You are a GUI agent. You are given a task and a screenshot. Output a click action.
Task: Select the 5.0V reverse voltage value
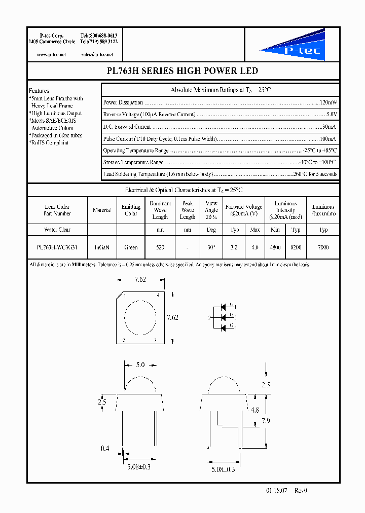click(x=331, y=115)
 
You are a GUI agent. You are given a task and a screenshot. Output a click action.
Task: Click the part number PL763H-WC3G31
click(x=57, y=247)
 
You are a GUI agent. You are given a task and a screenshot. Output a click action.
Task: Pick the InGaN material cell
click(x=102, y=247)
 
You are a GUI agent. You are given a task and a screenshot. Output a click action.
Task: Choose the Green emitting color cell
click(x=131, y=247)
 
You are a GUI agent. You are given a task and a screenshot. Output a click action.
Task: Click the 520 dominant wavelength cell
click(x=160, y=247)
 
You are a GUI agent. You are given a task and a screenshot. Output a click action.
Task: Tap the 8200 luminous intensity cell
click(x=296, y=247)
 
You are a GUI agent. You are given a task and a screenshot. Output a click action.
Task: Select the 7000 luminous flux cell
click(x=323, y=247)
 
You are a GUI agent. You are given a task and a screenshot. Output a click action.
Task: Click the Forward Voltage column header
click(x=244, y=210)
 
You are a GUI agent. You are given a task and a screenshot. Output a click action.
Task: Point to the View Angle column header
click(x=211, y=210)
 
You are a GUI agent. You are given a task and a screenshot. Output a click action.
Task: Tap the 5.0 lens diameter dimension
click(x=140, y=365)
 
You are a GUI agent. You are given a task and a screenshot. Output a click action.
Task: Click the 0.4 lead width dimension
click(x=104, y=448)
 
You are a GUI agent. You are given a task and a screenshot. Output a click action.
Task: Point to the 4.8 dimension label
click(x=255, y=410)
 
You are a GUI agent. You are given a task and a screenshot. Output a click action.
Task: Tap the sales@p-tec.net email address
click(x=97, y=54)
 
